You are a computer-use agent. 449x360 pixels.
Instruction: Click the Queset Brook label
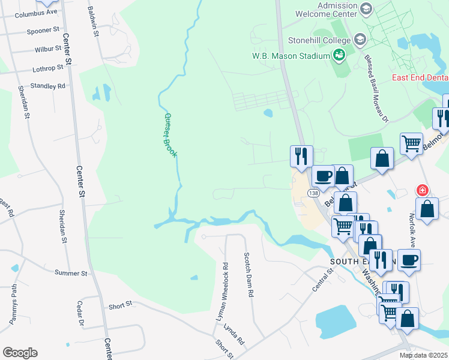pos(170,136)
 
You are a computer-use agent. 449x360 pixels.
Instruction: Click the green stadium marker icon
pos(340,55)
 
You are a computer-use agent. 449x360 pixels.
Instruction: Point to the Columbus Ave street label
pos(36,13)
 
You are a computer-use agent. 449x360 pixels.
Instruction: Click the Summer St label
pos(71,273)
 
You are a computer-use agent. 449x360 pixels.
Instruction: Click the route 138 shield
pos(313,193)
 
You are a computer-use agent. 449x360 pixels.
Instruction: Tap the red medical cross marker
pos(423,190)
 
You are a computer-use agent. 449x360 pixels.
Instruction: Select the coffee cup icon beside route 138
pos(323,176)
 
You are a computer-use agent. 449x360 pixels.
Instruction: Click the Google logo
pos(20,353)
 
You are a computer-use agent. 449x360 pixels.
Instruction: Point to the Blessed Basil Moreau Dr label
pos(376,88)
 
